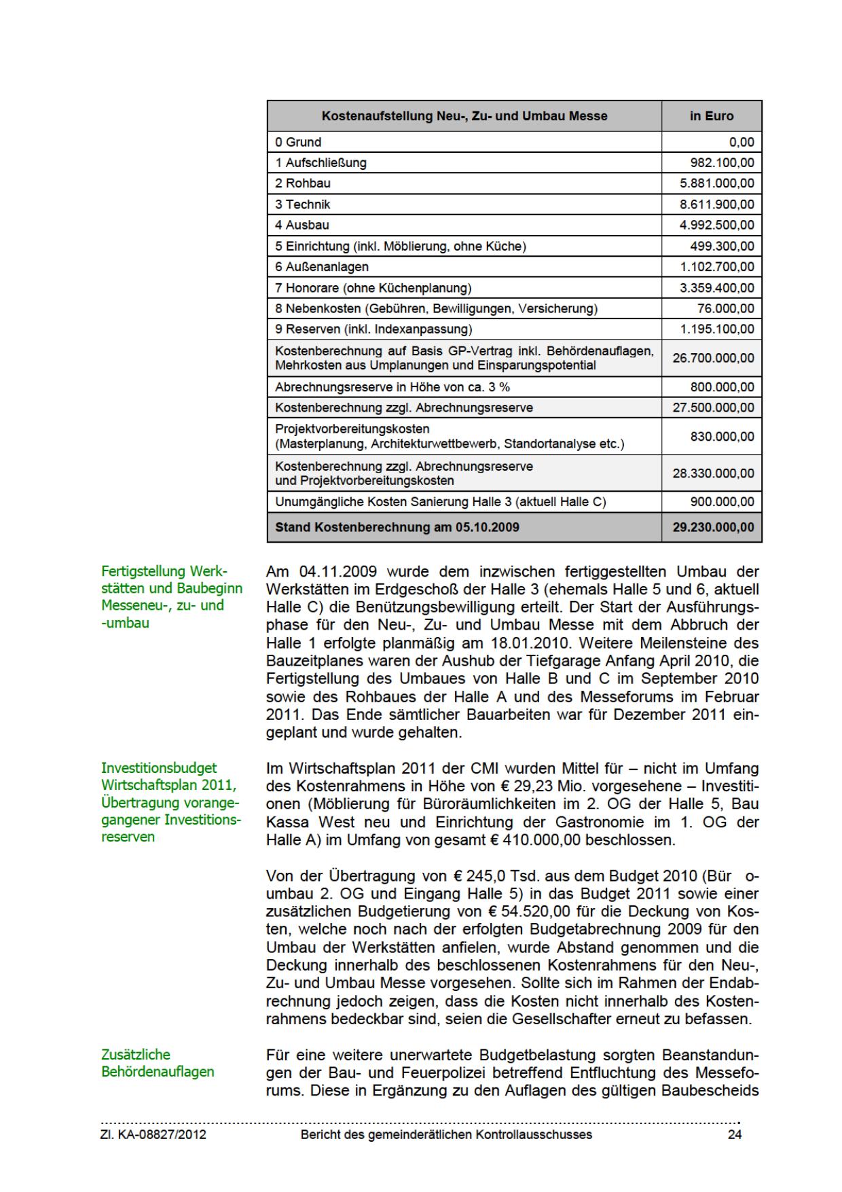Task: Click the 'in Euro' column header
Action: click(x=712, y=116)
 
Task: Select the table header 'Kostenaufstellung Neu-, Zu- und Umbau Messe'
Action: click(x=464, y=116)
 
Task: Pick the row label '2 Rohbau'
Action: click(x=303, y=183)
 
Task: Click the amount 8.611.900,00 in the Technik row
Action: click(x=717, y=204)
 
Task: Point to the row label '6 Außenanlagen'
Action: click(x=322, y=267)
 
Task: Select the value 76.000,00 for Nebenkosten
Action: click(x=725, y=309)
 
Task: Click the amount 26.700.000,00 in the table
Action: click(x=713, y=358)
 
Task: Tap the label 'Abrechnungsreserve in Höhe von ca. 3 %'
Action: click(x=392, y=387)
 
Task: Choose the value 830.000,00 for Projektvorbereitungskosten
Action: click(x=722, y=437)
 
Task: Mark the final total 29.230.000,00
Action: click(x=713, y=527)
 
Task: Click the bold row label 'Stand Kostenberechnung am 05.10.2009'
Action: click(x=397, y=527)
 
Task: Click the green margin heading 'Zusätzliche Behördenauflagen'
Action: click(x=158, y=1063)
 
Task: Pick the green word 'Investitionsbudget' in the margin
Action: click(x=159, y=768)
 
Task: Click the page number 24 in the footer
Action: click(x=734, y=1135)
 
